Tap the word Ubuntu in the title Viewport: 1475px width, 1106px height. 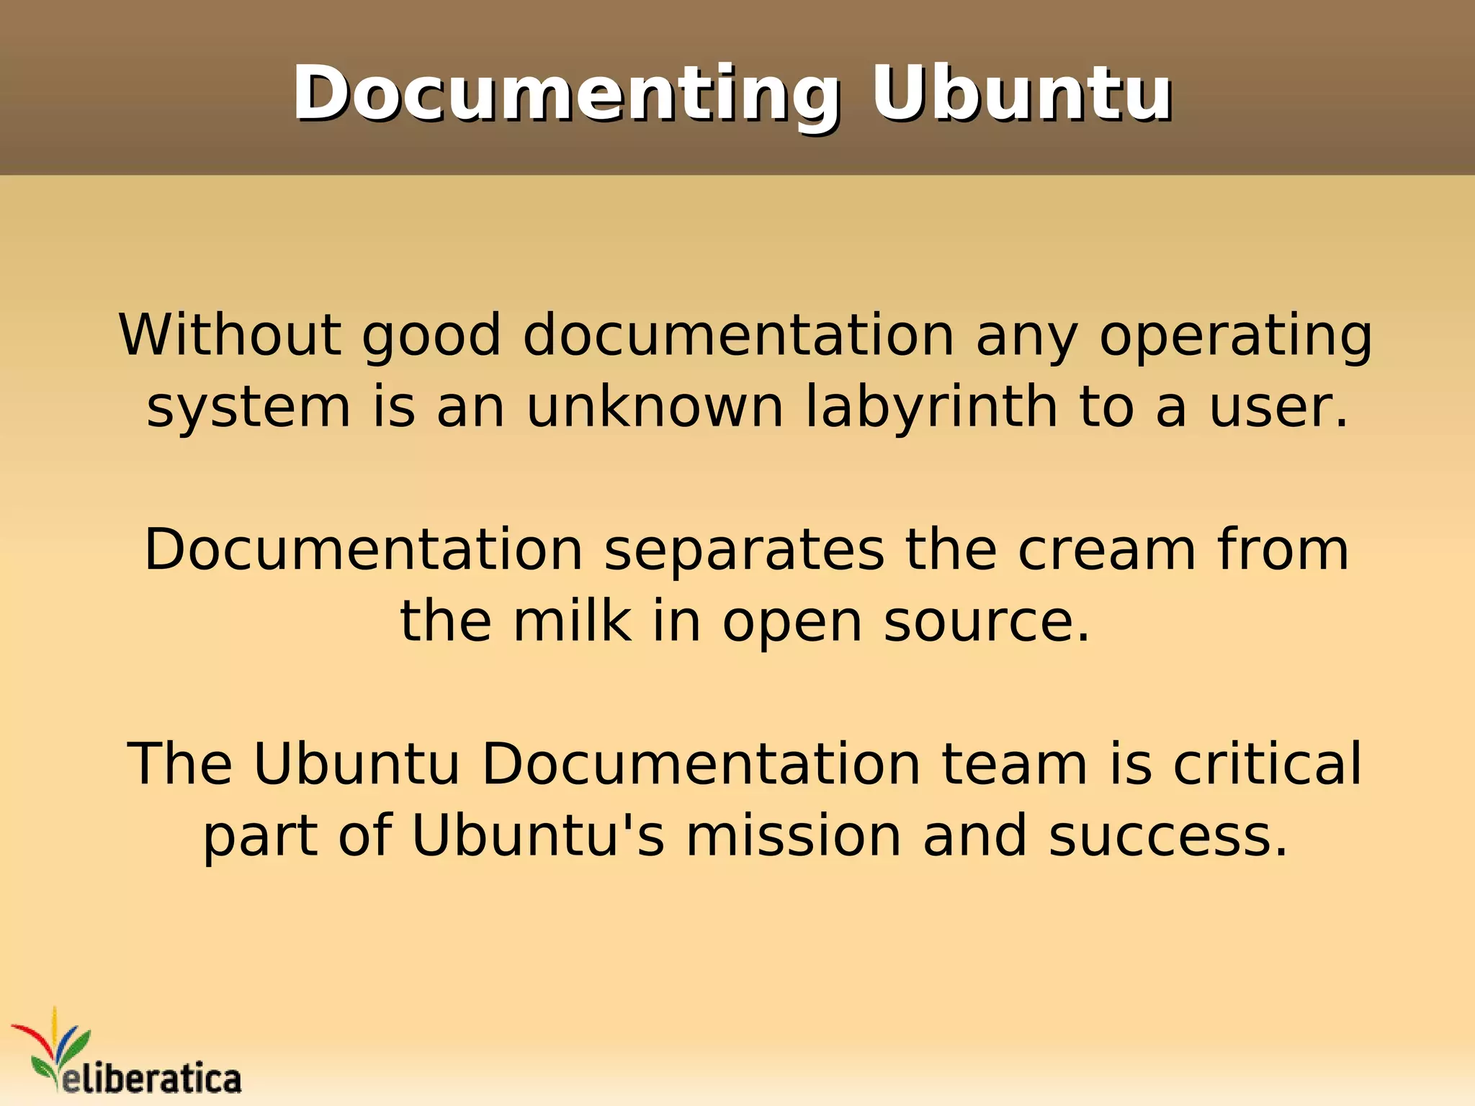pyautogui.click(x=1021, y=94)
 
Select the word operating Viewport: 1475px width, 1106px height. pyautogui.click(x=1235, y=336)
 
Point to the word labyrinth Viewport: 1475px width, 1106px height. pyautogui.click(x=931, y=407)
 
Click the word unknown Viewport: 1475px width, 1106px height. pyautogui.click(x=655, y=407)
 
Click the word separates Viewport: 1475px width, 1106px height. pyautogui.click(x=744, y=551)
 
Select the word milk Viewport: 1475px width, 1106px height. pyautogui.click(x=572, y=621)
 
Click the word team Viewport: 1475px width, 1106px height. pyautogui.click(x=1015, y=764)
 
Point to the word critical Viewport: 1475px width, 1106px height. pyautogui.click(x=1268, y=763)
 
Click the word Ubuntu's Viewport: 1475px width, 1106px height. pyautogui.click(x=538, y=836)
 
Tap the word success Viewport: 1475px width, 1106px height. pyautogui.click(x=1167, y=836)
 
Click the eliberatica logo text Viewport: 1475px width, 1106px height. pyautogui.click(x=151, y=1079)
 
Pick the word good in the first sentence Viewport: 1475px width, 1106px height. pyautogui.click(x=431, y=336)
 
